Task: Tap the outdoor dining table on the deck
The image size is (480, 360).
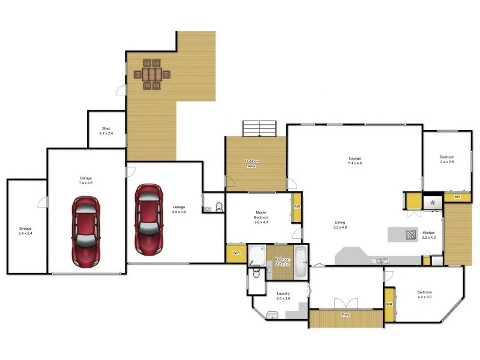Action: [152, 74]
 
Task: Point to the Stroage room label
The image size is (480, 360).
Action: [25, 231]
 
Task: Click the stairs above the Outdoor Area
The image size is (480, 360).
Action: [259, 128]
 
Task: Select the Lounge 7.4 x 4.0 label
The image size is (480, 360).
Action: [355, 161]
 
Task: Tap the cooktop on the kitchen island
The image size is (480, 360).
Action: [411, 235]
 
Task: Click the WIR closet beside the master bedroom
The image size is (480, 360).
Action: [236, 253]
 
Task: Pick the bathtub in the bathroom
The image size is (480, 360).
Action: [301, 262]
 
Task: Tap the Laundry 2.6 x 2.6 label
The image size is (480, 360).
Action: [283, 296]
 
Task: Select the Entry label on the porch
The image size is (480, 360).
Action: [346, 315]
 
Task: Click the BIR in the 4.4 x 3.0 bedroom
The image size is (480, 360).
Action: [389, 304]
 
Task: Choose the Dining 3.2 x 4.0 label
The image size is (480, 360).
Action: [340, 224]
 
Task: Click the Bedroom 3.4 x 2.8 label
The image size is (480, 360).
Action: [447, 160]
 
